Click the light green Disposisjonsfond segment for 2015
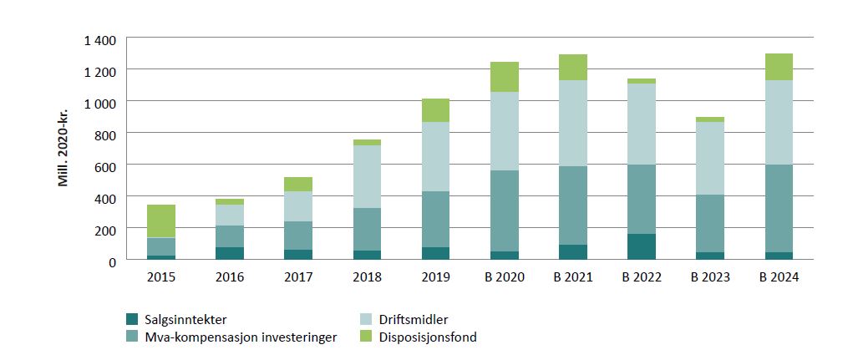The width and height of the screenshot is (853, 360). click(x=161, y=221)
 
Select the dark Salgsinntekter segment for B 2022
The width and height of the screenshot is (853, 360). click(x=642, y=246)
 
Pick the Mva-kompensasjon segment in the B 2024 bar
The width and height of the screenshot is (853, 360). click(x=779, y=208)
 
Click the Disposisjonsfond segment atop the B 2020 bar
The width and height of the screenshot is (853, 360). click(x=505, y=77)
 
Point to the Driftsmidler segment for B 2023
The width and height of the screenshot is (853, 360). click(x=710, y=158)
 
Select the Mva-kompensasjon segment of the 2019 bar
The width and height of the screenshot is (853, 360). click(x=435, y=219)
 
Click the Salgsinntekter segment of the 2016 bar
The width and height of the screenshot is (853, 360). click(x=230, y=253)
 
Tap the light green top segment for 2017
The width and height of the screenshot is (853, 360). click(x=298, y=184)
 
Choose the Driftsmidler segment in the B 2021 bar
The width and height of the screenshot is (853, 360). click(x=573, y=123)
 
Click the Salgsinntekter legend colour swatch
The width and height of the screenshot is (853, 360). click(x=131, y=319)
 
